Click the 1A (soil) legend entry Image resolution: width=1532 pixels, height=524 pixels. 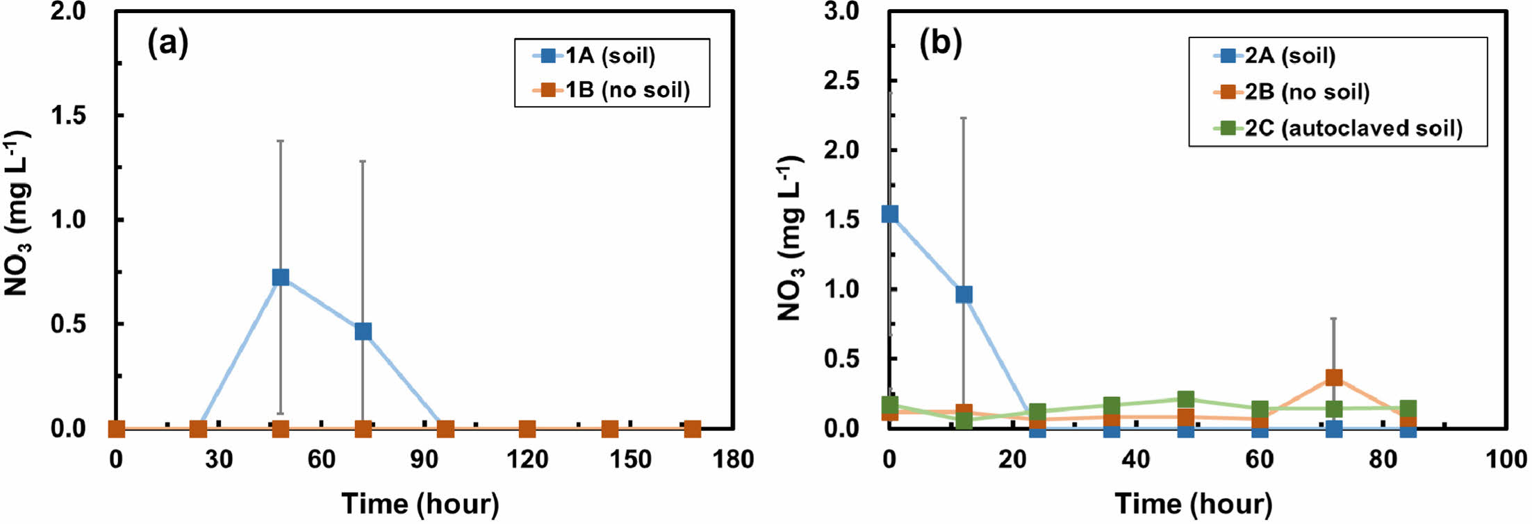(610, 56)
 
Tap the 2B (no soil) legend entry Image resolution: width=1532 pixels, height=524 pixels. (1306, 92)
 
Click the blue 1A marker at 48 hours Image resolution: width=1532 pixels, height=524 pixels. (280, 277)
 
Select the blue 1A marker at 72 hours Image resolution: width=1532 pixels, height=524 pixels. (363, 331)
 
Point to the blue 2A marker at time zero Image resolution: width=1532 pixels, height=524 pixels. (889, 214)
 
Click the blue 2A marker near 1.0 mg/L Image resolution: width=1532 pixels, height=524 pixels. (964, 295)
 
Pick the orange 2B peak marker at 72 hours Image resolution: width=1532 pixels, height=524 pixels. (1334, 378)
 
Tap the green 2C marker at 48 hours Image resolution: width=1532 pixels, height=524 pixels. (1186, 399)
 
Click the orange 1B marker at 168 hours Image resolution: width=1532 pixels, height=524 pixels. (692, 429)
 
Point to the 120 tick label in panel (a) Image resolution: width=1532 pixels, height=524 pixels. (527, 459)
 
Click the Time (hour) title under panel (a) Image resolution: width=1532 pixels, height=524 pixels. (420, 503)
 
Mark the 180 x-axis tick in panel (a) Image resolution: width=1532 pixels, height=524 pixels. (733, 459)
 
